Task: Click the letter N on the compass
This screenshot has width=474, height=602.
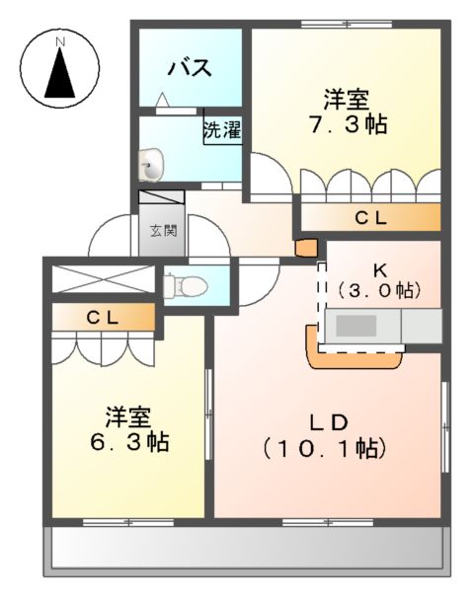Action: [x=60, y=42]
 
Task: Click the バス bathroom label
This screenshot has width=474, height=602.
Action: [x=189, y=68]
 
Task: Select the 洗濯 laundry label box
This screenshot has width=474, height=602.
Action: [x=222, y=130]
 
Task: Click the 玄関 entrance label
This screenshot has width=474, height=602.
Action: [x=163, y=232]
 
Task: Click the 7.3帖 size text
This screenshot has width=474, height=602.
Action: [x=347, y=124]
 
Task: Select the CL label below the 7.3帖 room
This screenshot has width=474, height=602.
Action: [x=370, y=219]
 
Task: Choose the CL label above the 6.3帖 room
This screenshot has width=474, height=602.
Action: [x=102, y=318]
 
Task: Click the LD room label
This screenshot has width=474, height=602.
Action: [x=327, y=422]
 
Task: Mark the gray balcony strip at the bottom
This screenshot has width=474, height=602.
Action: [x=245, y=546]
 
